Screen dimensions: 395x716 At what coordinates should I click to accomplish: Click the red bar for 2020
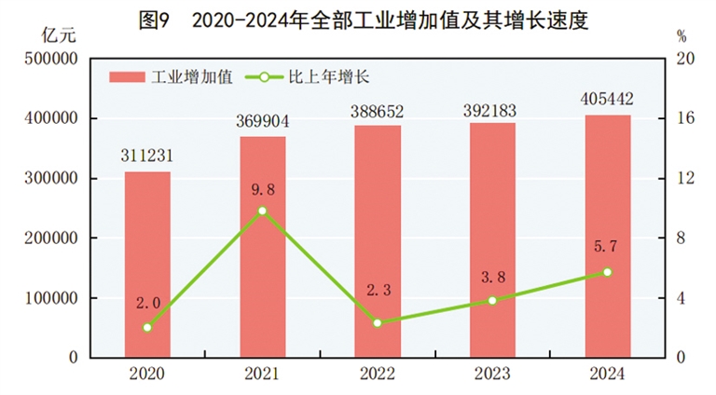(147, 265)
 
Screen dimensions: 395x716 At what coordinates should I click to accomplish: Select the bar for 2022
(378, 241)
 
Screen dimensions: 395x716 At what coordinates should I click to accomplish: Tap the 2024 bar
(607, 237)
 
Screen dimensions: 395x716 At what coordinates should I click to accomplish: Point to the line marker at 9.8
(263, 211)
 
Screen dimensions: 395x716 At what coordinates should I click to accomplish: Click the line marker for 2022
(378, 323)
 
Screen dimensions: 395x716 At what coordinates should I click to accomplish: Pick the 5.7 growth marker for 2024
(607, 272)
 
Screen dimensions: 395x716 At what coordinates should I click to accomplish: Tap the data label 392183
(492, 108)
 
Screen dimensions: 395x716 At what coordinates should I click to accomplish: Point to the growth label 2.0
(147, 304)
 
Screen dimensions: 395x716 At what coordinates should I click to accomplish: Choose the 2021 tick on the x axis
(263, 374)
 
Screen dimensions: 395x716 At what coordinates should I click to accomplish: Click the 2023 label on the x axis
(492, 374)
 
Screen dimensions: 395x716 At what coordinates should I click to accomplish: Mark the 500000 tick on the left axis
(48, 59)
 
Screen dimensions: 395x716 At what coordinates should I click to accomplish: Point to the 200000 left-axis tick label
(48, 238)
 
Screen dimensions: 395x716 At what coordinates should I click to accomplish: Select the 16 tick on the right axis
(687, 119)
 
